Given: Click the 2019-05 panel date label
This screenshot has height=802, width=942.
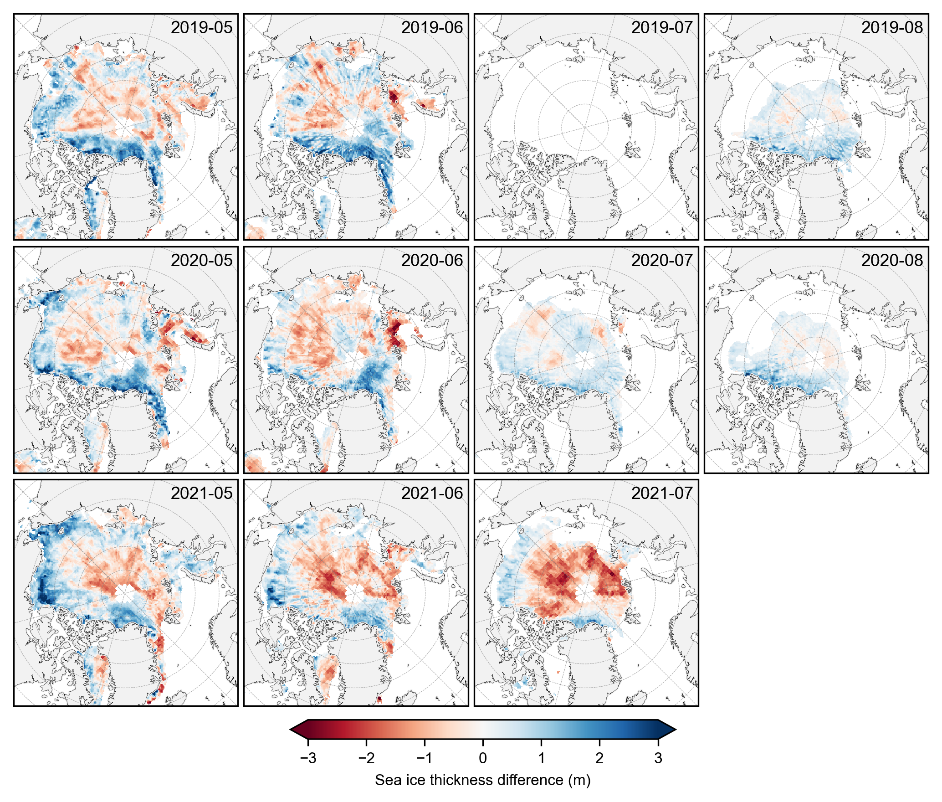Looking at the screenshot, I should click(x=201, y=28).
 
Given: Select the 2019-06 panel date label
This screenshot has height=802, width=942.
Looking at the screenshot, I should click(x=432, y=28).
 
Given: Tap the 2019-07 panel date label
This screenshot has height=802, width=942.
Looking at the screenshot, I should click(x=662, y=28).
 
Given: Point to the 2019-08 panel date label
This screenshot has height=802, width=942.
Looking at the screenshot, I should click(x=892, y=28).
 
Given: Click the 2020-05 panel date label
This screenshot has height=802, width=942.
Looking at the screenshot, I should click(x=201, y=261).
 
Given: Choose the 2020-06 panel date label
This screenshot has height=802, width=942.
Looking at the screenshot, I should click(x=432, y=261).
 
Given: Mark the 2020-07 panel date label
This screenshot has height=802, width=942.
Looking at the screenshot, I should click(x=662, y=261).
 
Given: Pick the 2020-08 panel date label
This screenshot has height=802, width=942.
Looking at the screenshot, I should click(x=892, y=261).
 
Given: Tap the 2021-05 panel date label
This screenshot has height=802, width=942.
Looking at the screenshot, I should click(x=201, y=494).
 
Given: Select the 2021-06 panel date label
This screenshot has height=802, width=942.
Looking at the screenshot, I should click(x=432, y=494).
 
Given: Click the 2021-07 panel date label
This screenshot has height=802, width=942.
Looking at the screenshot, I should click(x=662, y=494).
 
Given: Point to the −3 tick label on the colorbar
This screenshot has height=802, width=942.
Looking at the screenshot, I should click(x=308, y=758).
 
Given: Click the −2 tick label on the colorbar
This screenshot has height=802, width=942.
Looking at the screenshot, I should click(x=366, y=758).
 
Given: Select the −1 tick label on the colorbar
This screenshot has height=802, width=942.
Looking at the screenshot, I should click(x=425, y=758).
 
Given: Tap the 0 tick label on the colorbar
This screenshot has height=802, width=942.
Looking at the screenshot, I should click(x=483, y=758).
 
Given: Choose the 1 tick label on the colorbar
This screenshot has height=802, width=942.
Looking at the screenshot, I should click(x=541, y=758).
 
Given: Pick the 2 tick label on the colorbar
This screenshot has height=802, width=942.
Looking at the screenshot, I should click(x=599, y=758).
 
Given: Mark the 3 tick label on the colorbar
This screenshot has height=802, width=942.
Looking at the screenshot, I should click(x=658, y=758).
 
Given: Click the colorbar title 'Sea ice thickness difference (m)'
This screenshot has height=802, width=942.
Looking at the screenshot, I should click(x=483, y=781).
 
